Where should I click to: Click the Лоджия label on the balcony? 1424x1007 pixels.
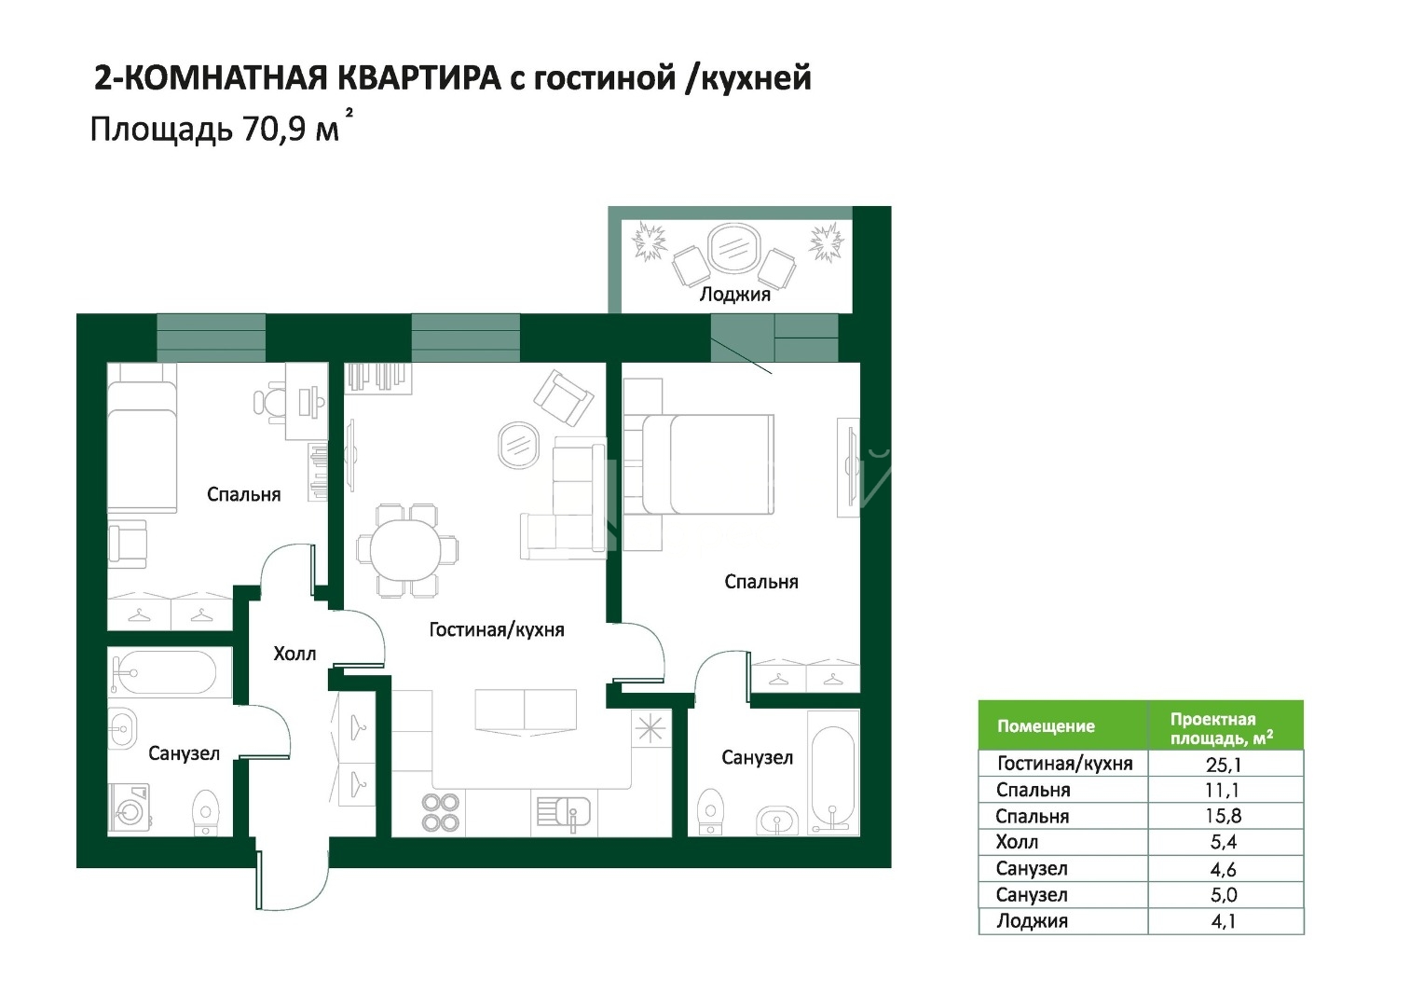coord(735,295)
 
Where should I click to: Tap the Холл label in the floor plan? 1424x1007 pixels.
coord(294,654)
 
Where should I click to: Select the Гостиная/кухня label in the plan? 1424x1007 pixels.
coord(497,629)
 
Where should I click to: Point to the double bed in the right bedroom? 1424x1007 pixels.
coord(708,463)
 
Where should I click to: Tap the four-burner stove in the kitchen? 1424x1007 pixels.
coord(441,812)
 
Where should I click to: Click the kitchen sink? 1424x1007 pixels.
coord(563,814)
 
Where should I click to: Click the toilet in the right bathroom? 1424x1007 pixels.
coord(710,811)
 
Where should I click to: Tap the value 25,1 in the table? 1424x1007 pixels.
coord(1223,764)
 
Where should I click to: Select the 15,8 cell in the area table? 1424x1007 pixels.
coord(1223,816)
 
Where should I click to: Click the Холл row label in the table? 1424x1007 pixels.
coord(1017,842)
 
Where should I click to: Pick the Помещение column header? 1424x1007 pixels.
coord(1046,725)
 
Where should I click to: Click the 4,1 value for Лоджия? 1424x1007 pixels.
coord(1223,920)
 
